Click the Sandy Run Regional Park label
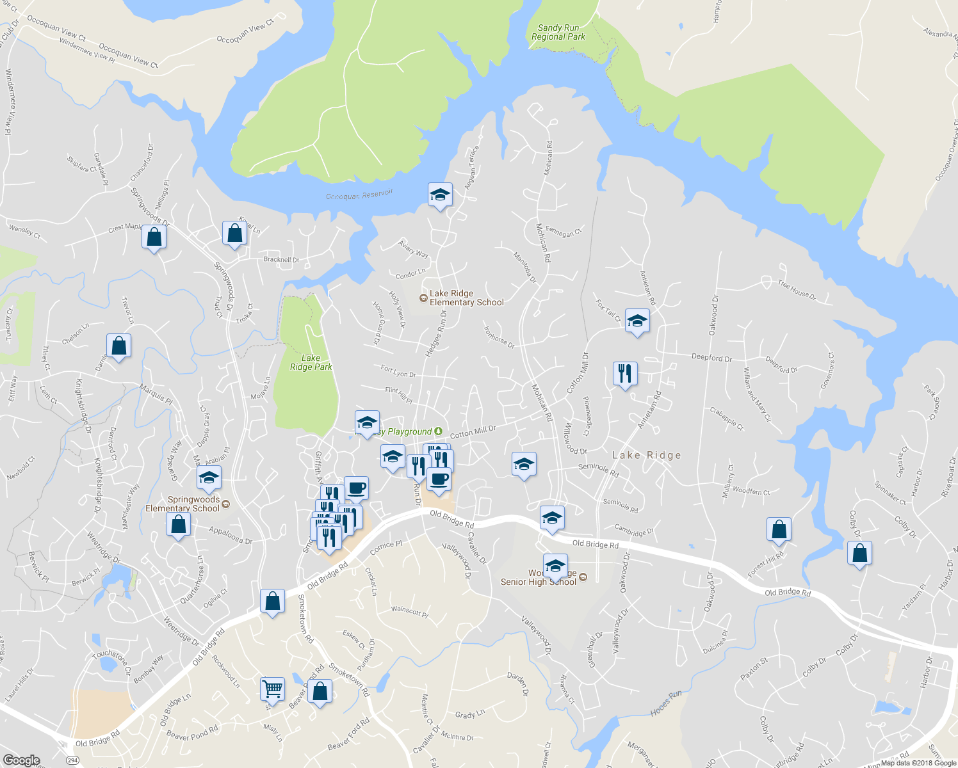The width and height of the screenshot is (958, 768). click(x=558, y=32)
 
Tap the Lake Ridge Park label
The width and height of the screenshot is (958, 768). click(x=311, y=362)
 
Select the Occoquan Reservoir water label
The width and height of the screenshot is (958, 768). click(x=359, y=195)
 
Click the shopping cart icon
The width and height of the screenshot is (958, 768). click(x=273, y=689)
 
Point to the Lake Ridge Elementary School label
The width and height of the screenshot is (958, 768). click(x=466, y=298)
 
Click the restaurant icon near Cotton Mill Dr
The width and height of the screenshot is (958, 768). click(x=625, y=372)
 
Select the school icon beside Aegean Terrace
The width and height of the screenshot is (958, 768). click(x=440, y=195)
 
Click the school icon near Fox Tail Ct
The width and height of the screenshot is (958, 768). click(x=637, y=321)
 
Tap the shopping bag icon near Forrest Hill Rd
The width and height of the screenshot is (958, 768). click(x=779, y=529)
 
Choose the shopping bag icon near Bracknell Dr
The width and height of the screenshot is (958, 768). click(x=235, y=234)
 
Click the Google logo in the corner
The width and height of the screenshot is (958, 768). click(x=21, y=760)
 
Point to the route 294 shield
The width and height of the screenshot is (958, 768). click(x=72, y=760)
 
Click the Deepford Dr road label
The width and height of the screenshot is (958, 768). click(x=711, y=357)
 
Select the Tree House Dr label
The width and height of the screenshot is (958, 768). click(x=797, y=289)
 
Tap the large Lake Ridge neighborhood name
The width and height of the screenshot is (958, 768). click(x=646, y=455)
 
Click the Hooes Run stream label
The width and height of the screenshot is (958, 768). click(x=666, y=702)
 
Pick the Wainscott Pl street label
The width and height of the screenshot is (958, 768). click(x=410, y=611)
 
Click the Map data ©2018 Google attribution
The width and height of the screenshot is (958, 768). click(x=918, y=763)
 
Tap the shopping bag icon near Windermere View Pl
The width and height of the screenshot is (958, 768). click(x=154, y=237)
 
